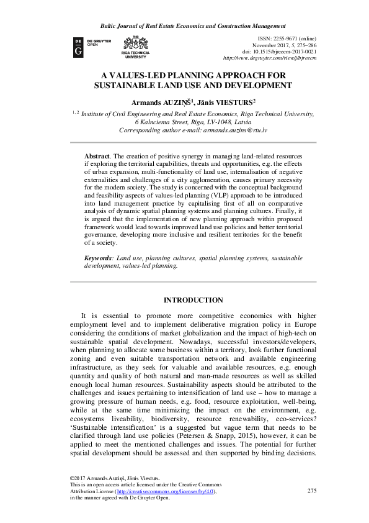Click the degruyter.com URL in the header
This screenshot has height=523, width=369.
click(270, 58)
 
